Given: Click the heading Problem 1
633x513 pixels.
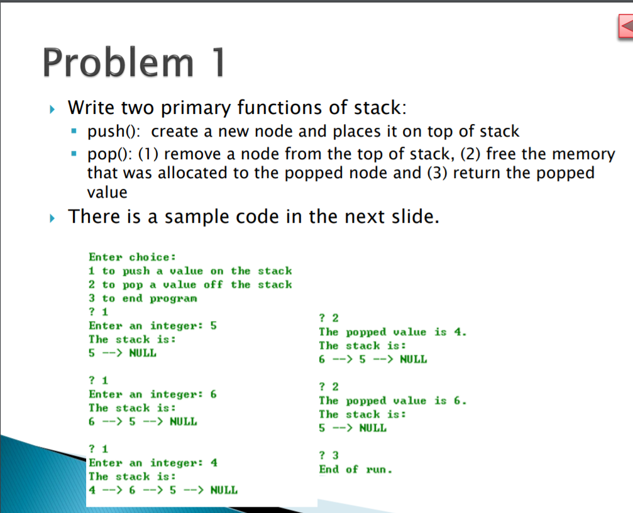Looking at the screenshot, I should tap(135, 63).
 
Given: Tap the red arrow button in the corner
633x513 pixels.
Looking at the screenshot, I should tap(625, 27).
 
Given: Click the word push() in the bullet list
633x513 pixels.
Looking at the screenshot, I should tap(115, 132).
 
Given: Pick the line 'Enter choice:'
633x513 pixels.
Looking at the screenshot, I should tap(132, 257).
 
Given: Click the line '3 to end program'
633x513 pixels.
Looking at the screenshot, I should tap(143, 298).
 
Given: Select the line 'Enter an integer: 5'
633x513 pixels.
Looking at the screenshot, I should tap(153, 326).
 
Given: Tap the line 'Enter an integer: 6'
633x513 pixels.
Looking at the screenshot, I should tap(153, 395).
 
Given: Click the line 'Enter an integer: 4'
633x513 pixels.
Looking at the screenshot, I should tap(153, 463).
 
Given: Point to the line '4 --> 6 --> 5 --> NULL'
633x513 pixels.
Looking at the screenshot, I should tap(163, 490).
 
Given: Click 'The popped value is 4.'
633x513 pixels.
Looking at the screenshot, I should tap(393, 332).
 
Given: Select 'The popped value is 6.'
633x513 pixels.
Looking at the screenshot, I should tap(393, 401).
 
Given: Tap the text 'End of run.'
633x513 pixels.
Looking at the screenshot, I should tap(355, 470).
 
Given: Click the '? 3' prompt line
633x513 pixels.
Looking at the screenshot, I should tap(329, 455).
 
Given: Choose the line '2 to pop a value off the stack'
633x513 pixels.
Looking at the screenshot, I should tap(190, 285).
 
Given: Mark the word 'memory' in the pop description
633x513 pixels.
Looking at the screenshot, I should tap(583, 154).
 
